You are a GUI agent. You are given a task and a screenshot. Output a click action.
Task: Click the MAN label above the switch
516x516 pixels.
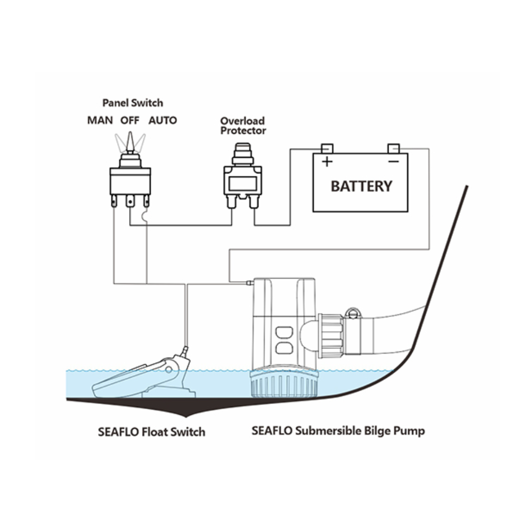(x=100, y=120)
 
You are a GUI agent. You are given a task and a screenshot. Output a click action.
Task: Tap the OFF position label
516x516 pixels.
(x=130, y=120)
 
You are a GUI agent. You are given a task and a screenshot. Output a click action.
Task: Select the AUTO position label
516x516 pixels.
(x=163, y=120)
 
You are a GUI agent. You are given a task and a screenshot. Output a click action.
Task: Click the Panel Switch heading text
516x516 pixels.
(x=133, y=103)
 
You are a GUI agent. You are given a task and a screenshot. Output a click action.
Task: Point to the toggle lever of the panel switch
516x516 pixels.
(x=130, y=142)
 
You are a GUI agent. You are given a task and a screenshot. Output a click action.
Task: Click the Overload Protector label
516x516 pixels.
(x=243, y=126)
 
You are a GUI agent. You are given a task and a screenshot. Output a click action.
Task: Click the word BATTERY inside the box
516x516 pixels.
(x=361, y=186)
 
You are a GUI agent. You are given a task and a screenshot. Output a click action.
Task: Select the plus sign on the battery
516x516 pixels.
(x=327, y=162)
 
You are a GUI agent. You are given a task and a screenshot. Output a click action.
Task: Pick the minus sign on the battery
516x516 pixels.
(x=394, y=161)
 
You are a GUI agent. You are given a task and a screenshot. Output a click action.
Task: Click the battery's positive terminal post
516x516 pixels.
(x=327, y=149)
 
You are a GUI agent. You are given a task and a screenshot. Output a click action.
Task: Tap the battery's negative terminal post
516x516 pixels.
(x=394, y=149)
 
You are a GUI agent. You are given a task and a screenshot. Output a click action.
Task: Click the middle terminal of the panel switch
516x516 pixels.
(x=131, y=201)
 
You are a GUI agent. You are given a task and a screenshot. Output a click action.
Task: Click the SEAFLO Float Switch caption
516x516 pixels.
(x=151, y=432)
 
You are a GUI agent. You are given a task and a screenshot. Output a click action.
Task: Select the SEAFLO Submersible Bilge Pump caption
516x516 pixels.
(x=338, y=431)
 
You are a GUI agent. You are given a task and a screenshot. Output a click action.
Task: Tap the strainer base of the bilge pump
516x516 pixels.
(x=284, y=384)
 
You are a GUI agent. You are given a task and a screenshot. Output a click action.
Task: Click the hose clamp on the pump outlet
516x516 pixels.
(x=352, y=330)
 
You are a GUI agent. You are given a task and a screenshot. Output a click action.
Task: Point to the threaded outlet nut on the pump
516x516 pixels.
(x=331, y=336)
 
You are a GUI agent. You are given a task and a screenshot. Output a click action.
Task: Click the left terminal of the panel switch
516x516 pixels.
(x=114, y=201)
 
